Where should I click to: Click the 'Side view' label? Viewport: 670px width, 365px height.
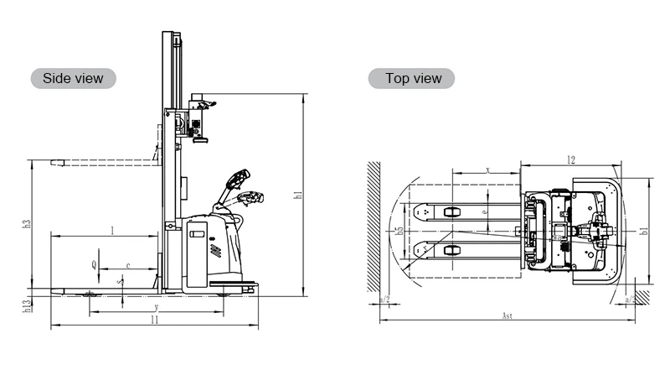pyautogui.click(x=73, y=78)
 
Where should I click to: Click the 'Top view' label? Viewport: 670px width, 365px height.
pyautogui.click(x=412, y=78)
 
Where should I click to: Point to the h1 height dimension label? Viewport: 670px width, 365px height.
pyautogui.click(x=298, y=196)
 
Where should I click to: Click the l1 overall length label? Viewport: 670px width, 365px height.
pyautogui.click(x=154, y=320)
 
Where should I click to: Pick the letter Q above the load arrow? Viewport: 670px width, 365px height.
pyautogui.click(x=95, y=264)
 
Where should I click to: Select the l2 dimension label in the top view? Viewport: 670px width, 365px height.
pyautogui.click(x=570, y=159)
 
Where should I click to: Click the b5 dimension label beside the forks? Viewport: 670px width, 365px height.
pyautogui.click(x=399, y=229)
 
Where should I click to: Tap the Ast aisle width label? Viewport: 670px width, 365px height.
pyautogui.click(x=506, y=316)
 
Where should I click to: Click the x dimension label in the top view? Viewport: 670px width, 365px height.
pyautogui.click(x=487, y=170)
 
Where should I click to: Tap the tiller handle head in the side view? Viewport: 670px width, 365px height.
pyautogui.click(x=241, y=179)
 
